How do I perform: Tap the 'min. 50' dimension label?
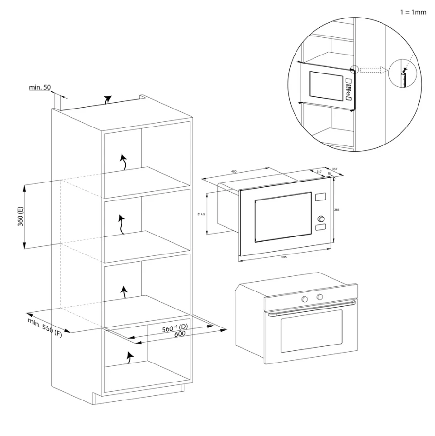[40, 87]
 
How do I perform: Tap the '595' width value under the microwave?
[284, 256]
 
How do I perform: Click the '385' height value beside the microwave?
[337, 210]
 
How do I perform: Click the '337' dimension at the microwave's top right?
[334, 170]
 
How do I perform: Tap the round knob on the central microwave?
[320, 218]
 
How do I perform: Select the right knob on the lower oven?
[319, 297]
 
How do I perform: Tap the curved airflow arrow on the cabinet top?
[107, 100]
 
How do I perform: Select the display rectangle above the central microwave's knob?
[320, 197]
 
